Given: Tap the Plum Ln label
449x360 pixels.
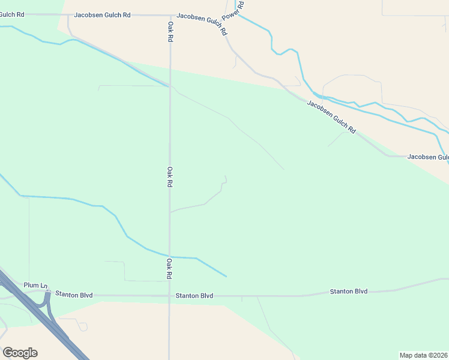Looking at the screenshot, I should click(x=35, y=285).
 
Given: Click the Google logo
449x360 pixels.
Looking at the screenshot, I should click(x=20, y=352).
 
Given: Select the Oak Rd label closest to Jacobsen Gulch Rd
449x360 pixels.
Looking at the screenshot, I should click(x=170, y=31).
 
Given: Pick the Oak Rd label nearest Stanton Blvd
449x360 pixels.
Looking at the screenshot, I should click(x=170, y=269).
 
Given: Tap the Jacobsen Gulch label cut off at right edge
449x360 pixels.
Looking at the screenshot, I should click(x=427, y=157).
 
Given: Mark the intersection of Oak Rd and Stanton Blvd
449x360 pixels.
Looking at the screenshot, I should click(x=169, y=295).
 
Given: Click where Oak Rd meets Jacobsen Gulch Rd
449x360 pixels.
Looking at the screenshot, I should click(x=170, y=16).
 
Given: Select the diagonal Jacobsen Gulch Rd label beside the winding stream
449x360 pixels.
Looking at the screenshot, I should click(x=331, y=116).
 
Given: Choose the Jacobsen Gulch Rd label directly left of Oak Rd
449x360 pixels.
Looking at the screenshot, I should click(x=102, y=14).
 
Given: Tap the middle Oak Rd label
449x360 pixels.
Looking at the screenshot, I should click(x=170, y=177).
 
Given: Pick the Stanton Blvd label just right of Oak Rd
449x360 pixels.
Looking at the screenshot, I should click(x=194, y=296).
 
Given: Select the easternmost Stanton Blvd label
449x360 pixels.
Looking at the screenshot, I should click(x=348, y=292).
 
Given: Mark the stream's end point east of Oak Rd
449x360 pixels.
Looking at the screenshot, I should click(x=226, y=277).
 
